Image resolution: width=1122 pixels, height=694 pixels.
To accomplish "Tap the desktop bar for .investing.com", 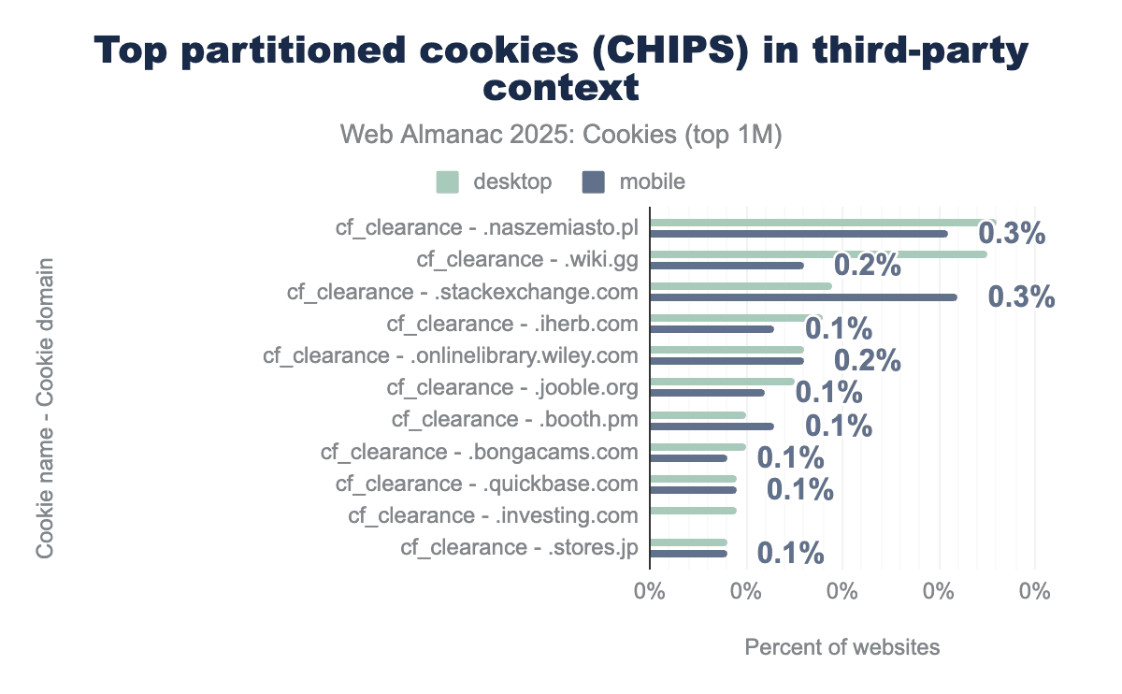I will (693, 511).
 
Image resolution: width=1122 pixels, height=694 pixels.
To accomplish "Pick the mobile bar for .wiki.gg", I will (726, 266).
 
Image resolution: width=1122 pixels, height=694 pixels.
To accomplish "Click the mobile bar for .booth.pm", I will (712, 427).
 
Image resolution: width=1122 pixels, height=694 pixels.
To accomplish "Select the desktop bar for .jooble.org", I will (722, 382).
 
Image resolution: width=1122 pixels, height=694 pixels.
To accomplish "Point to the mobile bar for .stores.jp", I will (688, 554).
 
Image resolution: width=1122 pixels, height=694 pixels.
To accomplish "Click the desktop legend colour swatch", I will (448, 181).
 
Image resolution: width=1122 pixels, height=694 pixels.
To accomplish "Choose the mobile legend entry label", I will (652, 181).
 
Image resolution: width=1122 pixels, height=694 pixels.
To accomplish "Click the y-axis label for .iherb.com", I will (512, 325).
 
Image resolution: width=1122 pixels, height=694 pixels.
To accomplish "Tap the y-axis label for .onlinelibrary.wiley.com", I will (451, 356).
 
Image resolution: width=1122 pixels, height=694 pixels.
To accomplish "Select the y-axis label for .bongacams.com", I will (480, 453).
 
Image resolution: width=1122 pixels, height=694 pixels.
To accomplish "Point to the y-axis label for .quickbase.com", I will (487, 484).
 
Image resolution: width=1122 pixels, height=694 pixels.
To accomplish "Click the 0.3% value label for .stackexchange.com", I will (1021, 297).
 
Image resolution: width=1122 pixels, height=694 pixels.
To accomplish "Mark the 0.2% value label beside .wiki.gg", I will (867, 266).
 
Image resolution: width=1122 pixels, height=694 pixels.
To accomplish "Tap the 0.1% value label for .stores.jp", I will (790, 553).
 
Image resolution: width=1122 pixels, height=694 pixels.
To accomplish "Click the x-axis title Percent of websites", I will (841, 647).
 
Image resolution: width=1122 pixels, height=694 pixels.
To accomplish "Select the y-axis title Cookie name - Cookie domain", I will (44, 409).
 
